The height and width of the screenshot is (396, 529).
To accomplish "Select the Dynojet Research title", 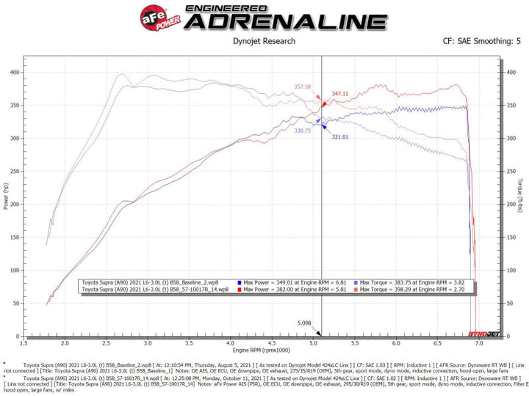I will click(x=264, y=43).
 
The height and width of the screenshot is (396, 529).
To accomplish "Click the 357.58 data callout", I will click(x=303, y=87).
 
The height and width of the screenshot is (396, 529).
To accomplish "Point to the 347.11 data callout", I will click(x=340, y=94).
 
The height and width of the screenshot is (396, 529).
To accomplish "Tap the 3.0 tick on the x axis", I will click(x=148, y=342).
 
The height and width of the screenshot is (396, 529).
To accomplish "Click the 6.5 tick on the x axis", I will click(x=438, y=342).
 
